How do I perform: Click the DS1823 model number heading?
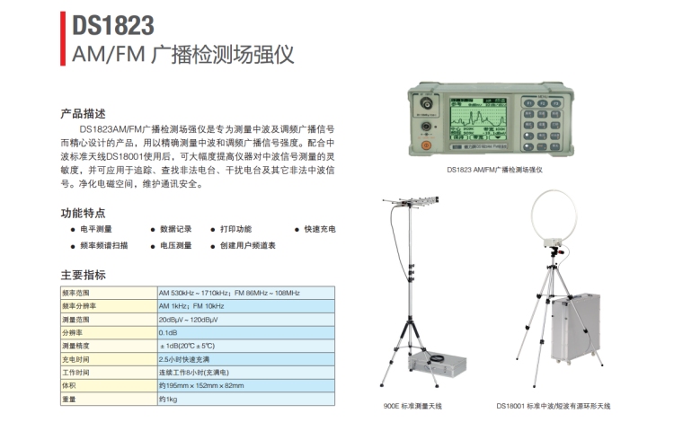point(113,25)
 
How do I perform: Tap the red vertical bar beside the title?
point(63,39)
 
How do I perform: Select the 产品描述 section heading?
point(83,114)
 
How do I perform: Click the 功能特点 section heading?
point(83,213)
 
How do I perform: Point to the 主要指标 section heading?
point(83,275)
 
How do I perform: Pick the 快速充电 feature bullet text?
point(320,229)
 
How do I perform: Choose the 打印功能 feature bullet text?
point(235,229)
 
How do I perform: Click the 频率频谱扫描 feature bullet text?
point(104,245)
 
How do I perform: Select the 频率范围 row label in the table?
point(75,293)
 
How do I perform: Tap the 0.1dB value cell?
point(168,333)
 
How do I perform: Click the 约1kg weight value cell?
point(168,399)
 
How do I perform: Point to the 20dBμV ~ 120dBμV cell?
point(188,320)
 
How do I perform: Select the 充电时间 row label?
point(75,359)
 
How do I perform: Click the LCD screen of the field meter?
point(478,119)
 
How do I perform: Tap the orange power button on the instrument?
point(427,145)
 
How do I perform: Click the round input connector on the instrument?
point(426,103)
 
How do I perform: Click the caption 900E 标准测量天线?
point(412,407)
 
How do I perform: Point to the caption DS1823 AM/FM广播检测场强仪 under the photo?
point(495,170)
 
